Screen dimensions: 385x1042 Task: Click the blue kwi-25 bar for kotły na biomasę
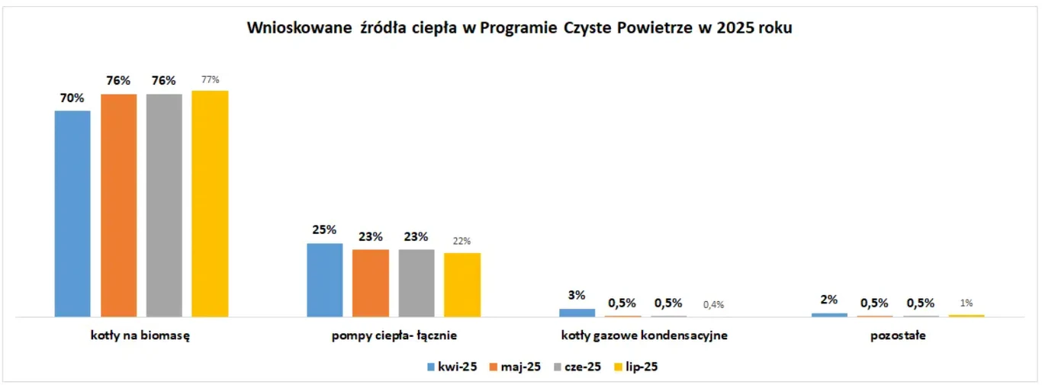(x=72, y=213)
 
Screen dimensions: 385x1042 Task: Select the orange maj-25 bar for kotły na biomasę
(x=118, y=205)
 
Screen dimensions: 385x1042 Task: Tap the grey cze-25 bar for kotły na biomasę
(x=164, y=205)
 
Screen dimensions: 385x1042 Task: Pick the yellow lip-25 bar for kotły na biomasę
(x=210, y=204)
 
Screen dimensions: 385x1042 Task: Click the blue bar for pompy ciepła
(x=324, y=280)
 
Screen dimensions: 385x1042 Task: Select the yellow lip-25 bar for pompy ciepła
(x=462, y=284)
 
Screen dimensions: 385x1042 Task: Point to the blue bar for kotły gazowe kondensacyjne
(x=577, y=313)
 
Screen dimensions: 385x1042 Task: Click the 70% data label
(x=72, y=98)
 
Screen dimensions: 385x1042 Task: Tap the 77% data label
(x=210, y=79)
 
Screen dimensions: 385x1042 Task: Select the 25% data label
(x=324, y=229)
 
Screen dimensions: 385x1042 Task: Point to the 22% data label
(x=462, y=241)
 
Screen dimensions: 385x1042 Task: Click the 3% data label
(x=577, y=295)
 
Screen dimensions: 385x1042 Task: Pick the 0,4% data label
(x=713, y=304)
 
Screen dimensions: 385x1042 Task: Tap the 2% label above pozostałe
(x=829, y=300)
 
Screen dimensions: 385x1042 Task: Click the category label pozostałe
(x=898, y=335)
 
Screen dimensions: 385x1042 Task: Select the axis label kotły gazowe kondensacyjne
(x=645, y=335)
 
